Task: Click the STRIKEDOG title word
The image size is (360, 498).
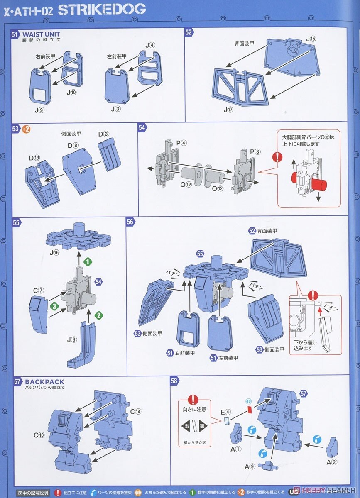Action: click(102, 9)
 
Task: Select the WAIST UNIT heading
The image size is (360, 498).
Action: click(41, 34)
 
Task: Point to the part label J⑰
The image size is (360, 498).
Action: click(229, 110)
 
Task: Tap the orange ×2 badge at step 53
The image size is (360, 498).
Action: click(26, 129)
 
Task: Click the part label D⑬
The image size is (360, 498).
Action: click(34, 158)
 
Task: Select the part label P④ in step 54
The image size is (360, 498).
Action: click(181, 143)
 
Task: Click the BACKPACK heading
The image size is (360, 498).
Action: click(44, 382)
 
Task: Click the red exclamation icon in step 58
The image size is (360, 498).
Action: click(193, 399)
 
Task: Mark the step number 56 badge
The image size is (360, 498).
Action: click(130, 222)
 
